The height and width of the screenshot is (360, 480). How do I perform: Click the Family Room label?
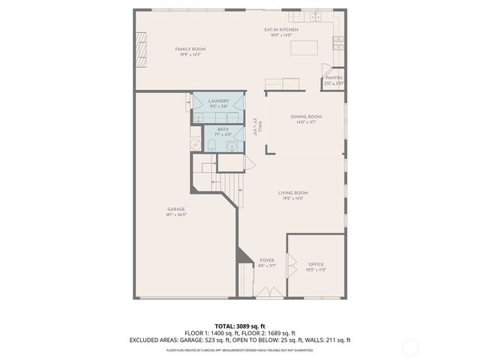pos(190,49)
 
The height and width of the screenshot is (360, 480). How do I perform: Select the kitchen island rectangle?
pos(304,49)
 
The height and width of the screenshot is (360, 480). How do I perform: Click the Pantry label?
pos(334,77)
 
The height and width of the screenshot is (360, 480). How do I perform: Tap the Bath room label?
pos(223,129)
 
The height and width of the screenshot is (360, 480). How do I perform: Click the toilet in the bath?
pos(211,145)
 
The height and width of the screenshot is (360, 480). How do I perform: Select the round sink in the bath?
pos(232,145)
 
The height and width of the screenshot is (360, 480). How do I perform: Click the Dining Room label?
pos(306,116)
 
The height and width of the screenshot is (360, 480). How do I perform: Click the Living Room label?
pos(293,193)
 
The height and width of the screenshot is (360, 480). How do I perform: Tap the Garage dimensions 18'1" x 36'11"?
pos(176,214)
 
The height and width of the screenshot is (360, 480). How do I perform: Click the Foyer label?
pos(267,260)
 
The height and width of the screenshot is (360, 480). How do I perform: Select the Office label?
pos(316,264)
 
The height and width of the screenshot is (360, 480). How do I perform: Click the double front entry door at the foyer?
pos(268,293)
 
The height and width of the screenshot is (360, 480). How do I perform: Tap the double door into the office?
pos(292,266)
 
